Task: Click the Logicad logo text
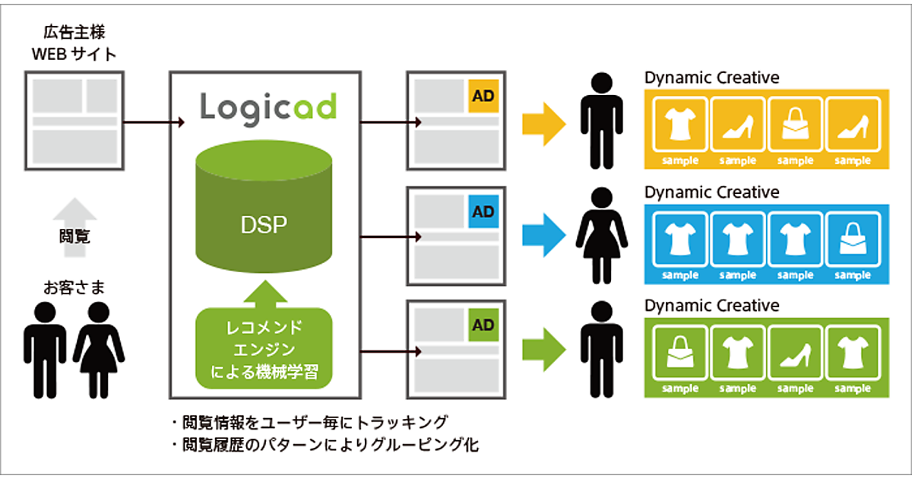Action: click(x=268, y=106)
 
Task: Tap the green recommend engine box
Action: click(x=264, y=349)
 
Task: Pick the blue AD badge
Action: click(x=483, y=210)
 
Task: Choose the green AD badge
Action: click(x=483, y=325)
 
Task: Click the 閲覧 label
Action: click(x=74, y=236)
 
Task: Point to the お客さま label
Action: click(x=74, y=287)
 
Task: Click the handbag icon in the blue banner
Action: click(x=852, y=239)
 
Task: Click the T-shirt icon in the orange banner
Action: click(x=681, y=124)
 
